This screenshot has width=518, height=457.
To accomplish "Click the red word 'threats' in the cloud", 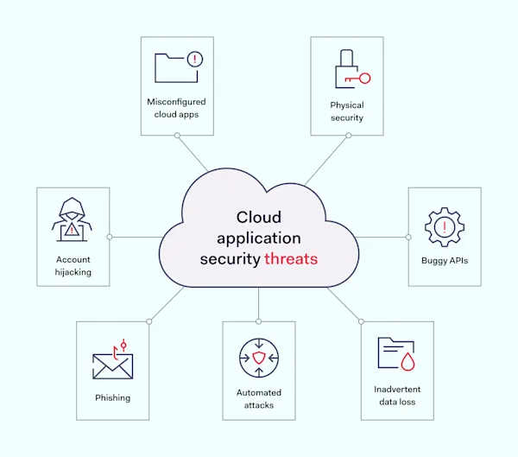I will (x=291, y=258).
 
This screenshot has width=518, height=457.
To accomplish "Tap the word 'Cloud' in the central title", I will (x=259, y=218).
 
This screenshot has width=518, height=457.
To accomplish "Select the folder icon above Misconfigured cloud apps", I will (x=176, y=67).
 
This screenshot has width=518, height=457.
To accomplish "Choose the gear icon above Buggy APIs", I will (x=445, y=227).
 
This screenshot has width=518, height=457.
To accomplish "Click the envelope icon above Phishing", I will (x=113, y=365).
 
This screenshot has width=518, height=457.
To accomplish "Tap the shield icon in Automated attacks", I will (x=259, y=358).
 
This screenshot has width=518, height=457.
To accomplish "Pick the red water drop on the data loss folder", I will (x=408, y=359).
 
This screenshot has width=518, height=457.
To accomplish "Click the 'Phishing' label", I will (x=113, y=398).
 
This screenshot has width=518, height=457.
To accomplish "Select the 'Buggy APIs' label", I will (x=445, y=260).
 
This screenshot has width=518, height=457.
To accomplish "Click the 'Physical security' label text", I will (x=347, y=111).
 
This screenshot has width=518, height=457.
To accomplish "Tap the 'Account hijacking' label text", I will (x=73, y=265).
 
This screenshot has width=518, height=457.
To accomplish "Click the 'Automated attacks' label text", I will (x=259, y=398).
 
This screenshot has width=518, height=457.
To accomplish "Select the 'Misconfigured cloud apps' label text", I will (x=176, y=107).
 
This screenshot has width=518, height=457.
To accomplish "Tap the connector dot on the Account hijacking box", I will (x=110, y=236).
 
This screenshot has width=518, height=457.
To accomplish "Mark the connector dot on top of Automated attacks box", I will (x=259, y=321).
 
